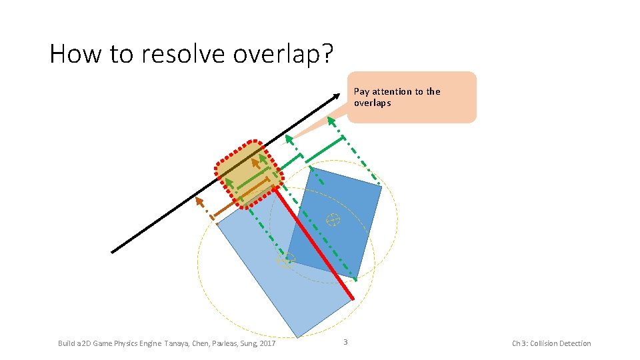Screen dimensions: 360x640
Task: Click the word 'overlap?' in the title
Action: tap(282, 54)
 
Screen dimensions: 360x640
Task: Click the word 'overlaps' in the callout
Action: tap(372, 103)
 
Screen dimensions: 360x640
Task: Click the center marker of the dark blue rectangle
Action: tap(332, 219)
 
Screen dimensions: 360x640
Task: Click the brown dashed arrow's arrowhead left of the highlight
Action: tap(199, 201)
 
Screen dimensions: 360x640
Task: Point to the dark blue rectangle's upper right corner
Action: tap(382, 187)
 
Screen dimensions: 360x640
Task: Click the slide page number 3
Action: tap(345, 343)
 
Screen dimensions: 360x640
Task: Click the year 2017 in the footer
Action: tap(267, 344)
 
